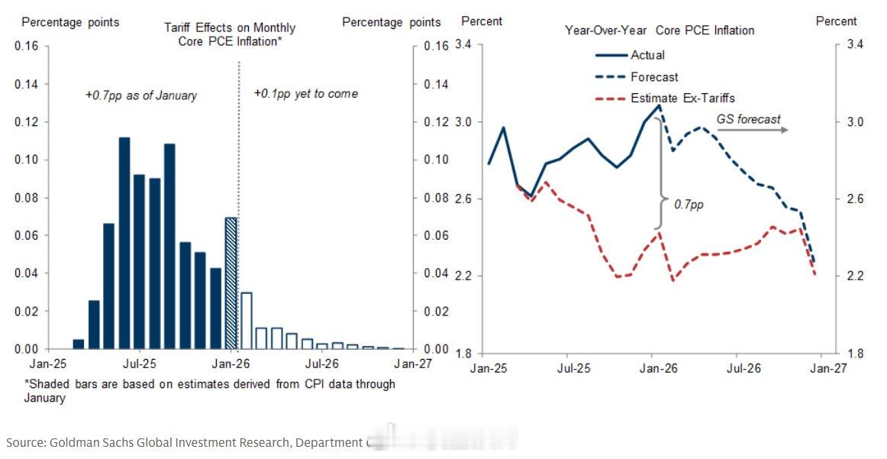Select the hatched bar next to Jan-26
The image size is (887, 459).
coord(231,283)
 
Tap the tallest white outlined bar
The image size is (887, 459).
coord(246,321)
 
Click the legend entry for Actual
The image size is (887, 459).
coord(647,55)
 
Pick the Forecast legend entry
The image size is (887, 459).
coord(654,77)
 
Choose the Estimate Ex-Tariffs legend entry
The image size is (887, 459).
coord(682,98)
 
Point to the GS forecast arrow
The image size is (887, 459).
coord(753,130)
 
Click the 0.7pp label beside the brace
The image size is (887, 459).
coord(689,205)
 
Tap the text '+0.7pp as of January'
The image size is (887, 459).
coord(141,95)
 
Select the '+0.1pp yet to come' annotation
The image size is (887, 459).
coord(305,94)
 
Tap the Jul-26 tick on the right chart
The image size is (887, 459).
coord(737,368)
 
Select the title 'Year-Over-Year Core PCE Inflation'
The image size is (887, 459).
coord(660,31)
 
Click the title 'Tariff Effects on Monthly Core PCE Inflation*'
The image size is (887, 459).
coord(230,34)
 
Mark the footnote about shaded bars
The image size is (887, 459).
coord(210,390)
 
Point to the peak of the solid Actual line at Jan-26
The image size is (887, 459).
coord(659,105)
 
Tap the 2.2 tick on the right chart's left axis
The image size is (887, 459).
coord(466,276)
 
